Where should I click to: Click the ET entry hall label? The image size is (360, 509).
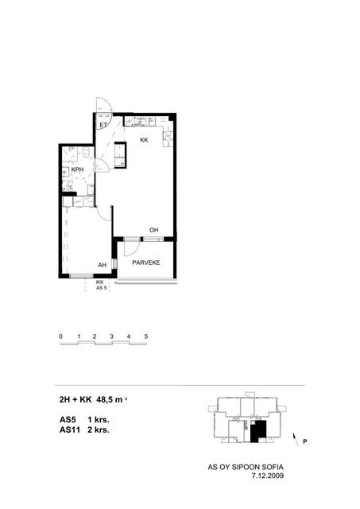[103, 125]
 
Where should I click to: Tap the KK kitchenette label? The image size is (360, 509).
[144, 140]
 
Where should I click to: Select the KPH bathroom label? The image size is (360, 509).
[78, 169]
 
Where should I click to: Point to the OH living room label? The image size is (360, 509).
[153, 230]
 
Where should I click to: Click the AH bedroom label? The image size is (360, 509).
[103, 265]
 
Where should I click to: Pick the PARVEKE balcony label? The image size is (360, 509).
[146, 262]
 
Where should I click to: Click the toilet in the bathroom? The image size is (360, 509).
[86, 152]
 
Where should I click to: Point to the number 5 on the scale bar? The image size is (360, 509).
[146, 336]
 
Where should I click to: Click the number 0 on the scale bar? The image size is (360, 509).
[60, 336]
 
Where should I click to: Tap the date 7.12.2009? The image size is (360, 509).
[268, 476]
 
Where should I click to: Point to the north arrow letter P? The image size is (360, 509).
[305, 441]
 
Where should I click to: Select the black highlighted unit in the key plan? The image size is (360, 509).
[258, 431]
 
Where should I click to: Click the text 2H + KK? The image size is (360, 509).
[75, 399]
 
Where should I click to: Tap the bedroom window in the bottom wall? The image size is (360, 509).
[82, 276]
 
